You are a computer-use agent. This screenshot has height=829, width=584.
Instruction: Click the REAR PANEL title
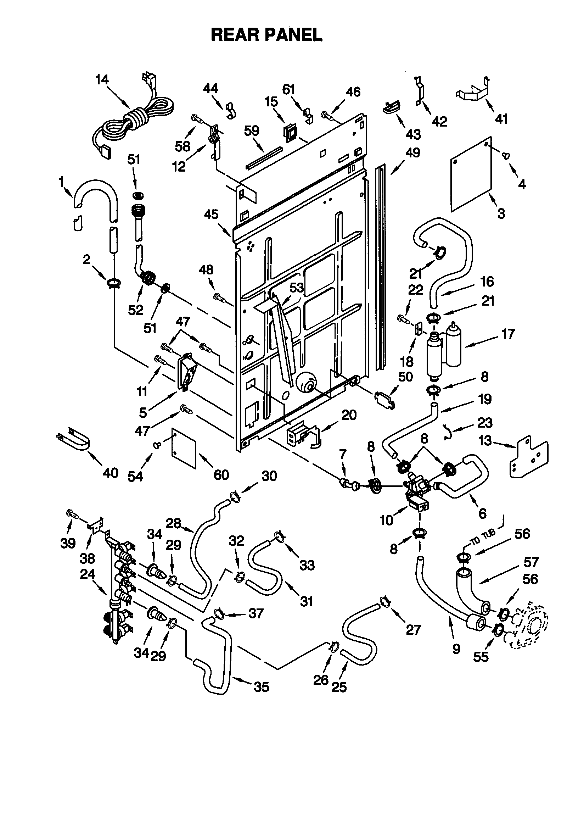[x=266, y=35]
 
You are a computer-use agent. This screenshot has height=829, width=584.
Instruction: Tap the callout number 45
[x=211, y=215]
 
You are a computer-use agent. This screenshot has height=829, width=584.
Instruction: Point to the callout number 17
[x=508, y=334]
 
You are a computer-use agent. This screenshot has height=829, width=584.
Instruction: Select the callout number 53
[x=297, y=288]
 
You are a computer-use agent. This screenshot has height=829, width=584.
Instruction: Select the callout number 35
[x=261, y=687]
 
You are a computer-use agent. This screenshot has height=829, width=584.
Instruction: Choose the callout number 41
[x=501, y=118]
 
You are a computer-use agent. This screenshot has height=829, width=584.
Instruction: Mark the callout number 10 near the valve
[x=387, y=520]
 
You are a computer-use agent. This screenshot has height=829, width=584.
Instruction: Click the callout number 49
[x=412, y=153]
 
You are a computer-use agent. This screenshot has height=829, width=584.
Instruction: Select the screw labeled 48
[x=219, y=297]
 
